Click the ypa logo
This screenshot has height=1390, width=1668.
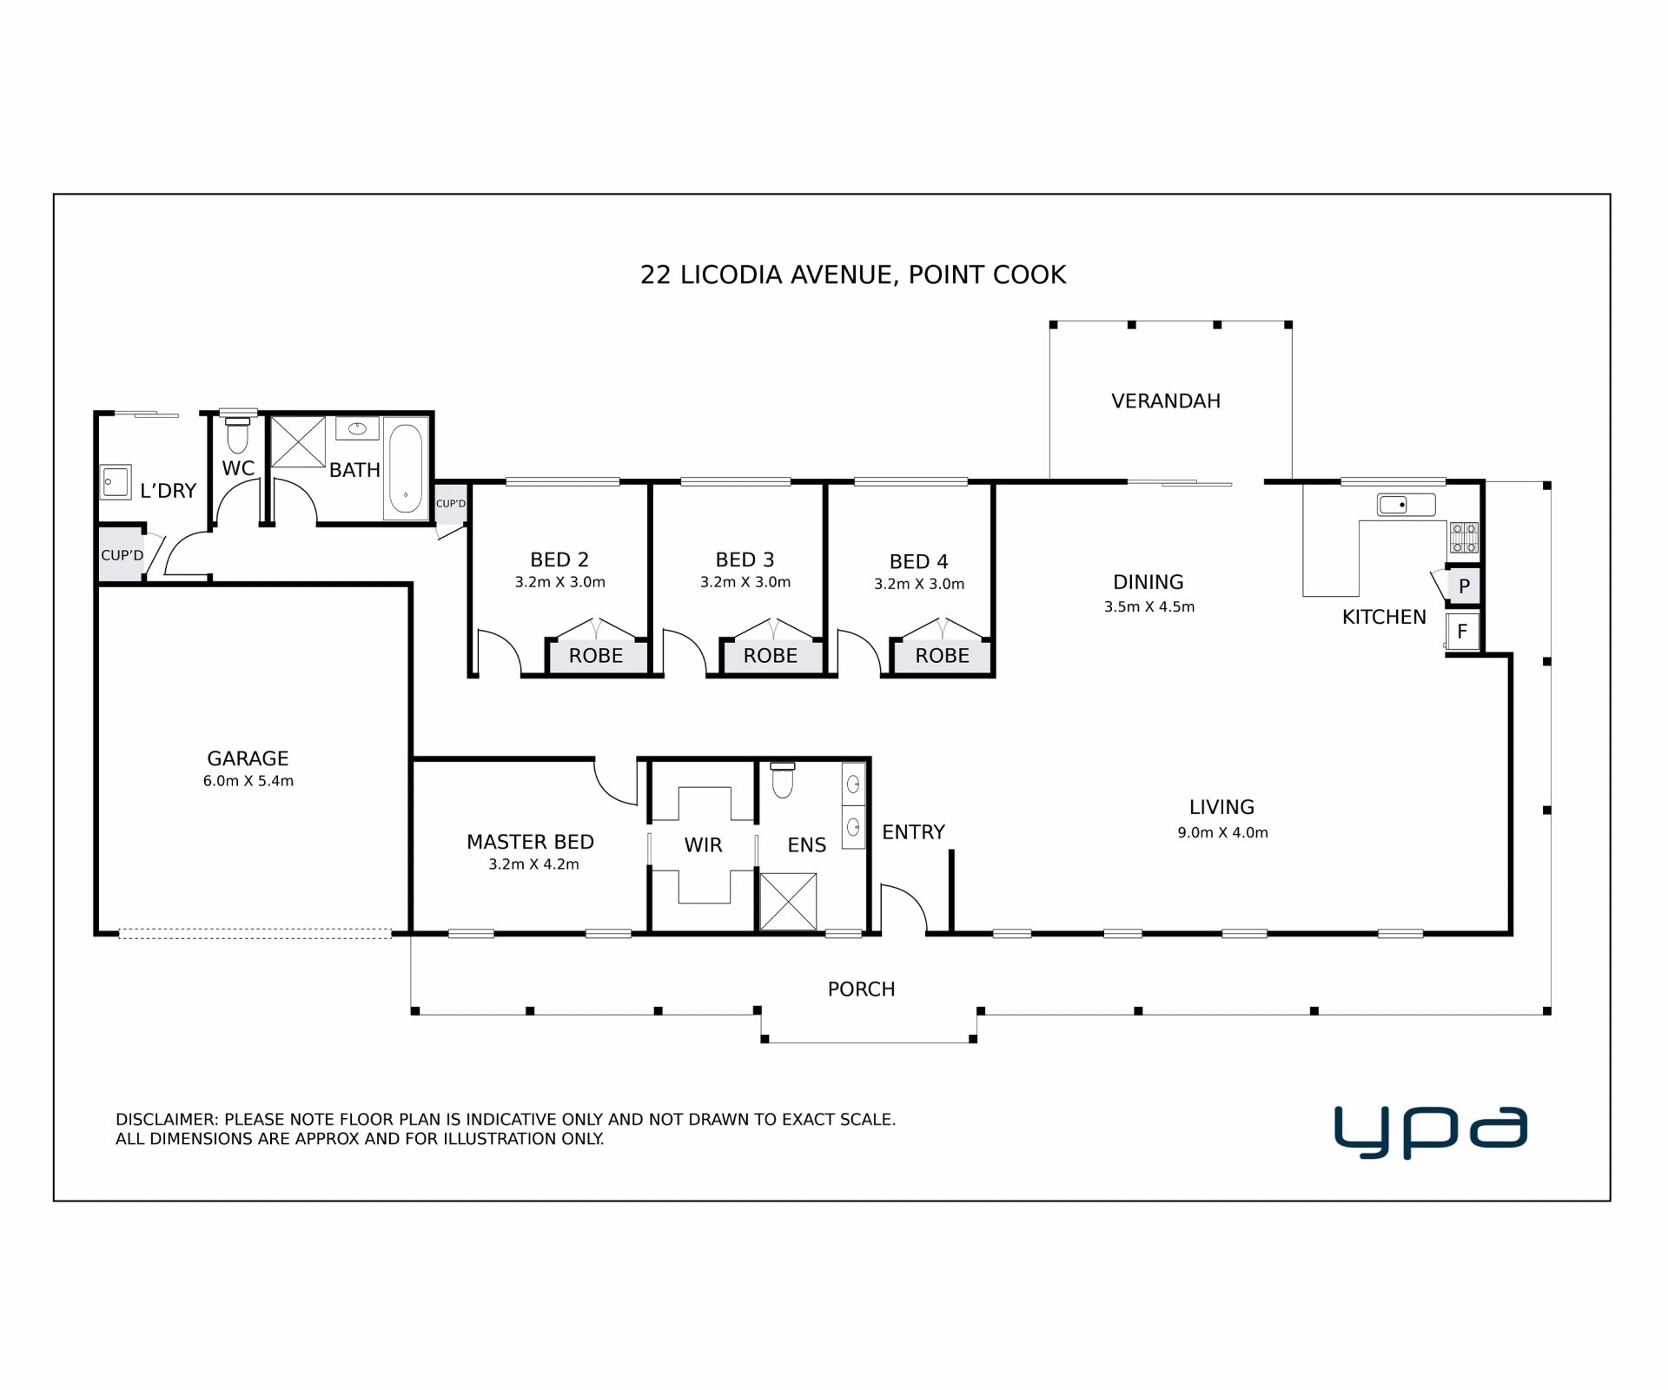pyautogui.click(x=1430, y=1132)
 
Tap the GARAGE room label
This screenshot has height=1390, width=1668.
pyautogui.click(x=248, y=758)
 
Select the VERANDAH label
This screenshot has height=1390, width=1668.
pyautogui.click(x=1166, y=401)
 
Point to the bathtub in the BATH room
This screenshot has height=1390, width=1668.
pyautogui.click(x=406, y=468)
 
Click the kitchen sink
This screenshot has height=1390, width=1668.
pyautogui.click(x=1406, y=504)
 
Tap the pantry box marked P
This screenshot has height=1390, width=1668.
pyautogui.click(x=1464, y=586)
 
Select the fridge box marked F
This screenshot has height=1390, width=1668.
pyautogui.click(x=1462, y=632)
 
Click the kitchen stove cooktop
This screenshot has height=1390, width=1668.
pyautogui.click(x=1463, y=537)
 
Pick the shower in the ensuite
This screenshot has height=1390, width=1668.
pyautogui.click(x=788, y=902)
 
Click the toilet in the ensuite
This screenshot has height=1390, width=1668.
pyautogui.click(x=783, y=779)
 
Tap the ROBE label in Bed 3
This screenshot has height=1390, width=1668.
pyautogui.click(x=770, y=656)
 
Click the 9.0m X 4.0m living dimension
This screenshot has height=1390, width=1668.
pyautogui.click(x=1222, y=832)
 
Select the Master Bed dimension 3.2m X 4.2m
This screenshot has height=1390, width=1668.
pyautogui.click(x=533, y=864)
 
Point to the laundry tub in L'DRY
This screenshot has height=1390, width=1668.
pyautogui.click(x=116, y=481)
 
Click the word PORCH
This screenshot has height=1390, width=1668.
pyautogui.click(x=861, y=990)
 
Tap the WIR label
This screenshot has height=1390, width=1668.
pyautogui.click(x=703, y=845)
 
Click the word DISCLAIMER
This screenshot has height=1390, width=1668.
pyautogui.click(x=165, y=1120)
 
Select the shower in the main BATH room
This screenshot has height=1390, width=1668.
pyautogui.click(x=298, y=442)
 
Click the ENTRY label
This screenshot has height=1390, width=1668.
pyautogui.click(x=913, y=832)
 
